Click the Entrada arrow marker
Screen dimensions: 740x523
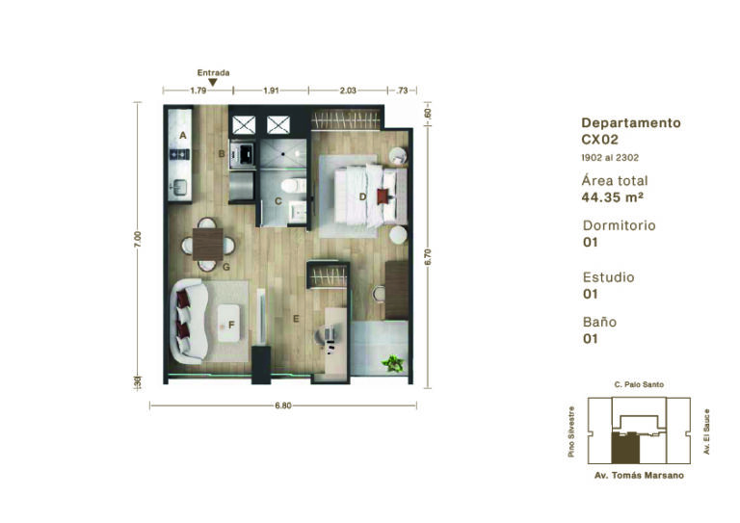tap(213, 83)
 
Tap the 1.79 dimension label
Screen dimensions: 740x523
tap(198, 91)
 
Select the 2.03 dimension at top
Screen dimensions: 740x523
tap(348, 91)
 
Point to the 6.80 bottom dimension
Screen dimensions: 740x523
tap(283, 405)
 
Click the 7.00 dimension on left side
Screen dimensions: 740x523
tap(138, 240)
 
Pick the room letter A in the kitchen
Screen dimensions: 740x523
tap(183, 136)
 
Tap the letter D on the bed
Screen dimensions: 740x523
tap(362, 196)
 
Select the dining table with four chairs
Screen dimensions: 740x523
tap(208, 245)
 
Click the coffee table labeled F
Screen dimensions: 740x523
tap(229, 323)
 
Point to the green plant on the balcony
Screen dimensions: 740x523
tap(393, 363)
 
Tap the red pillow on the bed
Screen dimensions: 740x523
tap(383, 196)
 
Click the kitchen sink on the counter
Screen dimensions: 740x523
tap(180, 187)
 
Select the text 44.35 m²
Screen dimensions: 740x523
tap(612, 197)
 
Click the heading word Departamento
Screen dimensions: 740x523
tap(631, 123)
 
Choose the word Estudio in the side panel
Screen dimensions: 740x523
tap(608, 277)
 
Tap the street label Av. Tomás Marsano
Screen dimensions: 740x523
tap(639, 476)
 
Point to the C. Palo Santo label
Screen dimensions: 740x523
tap(639, 384)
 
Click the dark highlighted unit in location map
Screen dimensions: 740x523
tap(625, 448)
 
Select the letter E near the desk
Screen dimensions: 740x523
tap(296, 319)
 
